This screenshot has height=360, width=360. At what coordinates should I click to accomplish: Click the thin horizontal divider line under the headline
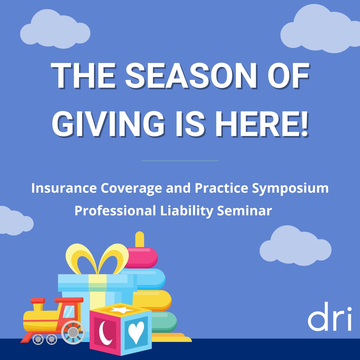point(180,161)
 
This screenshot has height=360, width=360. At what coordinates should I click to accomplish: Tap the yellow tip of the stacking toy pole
point(140,239)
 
